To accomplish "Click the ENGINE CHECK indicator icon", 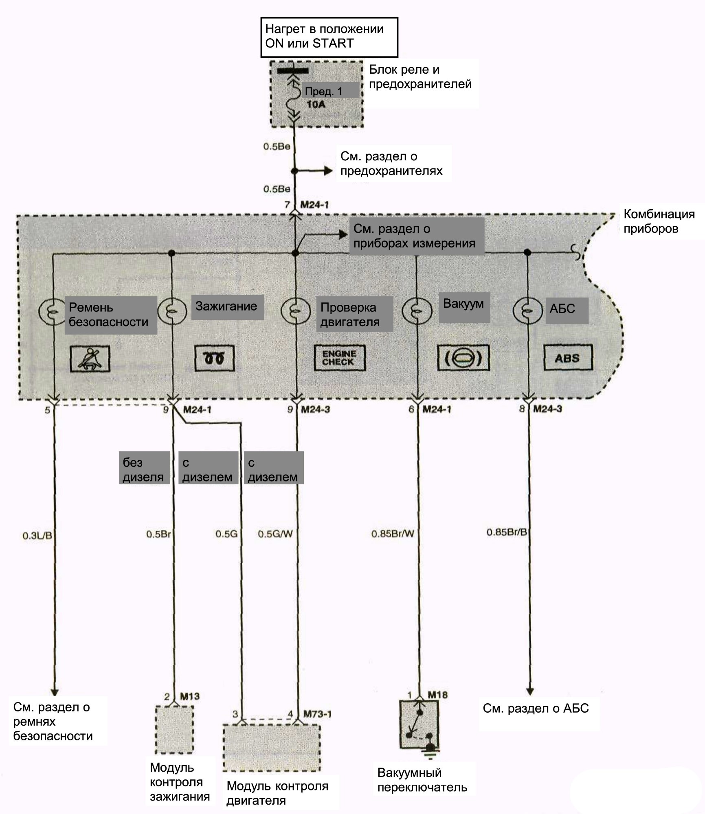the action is [339, 358].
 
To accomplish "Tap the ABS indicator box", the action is [568, 358].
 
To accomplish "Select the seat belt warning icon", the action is [90, 359].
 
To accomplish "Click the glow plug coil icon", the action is [215, 358].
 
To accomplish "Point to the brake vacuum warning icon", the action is [463, 358].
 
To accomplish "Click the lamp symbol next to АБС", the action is [527, 311].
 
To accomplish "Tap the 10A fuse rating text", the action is [316, 105].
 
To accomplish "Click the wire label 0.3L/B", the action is [37, 536].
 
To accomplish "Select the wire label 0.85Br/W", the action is [393, 534].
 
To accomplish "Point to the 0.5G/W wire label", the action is [275, 534].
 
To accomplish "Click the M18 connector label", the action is [438, 695].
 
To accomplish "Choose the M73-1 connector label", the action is [317, 714].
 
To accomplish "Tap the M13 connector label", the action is [190, 696].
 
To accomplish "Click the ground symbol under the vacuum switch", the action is [430, 753].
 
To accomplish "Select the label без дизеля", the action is [143, 470].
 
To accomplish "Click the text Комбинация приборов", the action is [659, 221].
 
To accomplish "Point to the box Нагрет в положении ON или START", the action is [329, 37].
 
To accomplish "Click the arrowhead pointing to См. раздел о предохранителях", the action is [328, 171].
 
